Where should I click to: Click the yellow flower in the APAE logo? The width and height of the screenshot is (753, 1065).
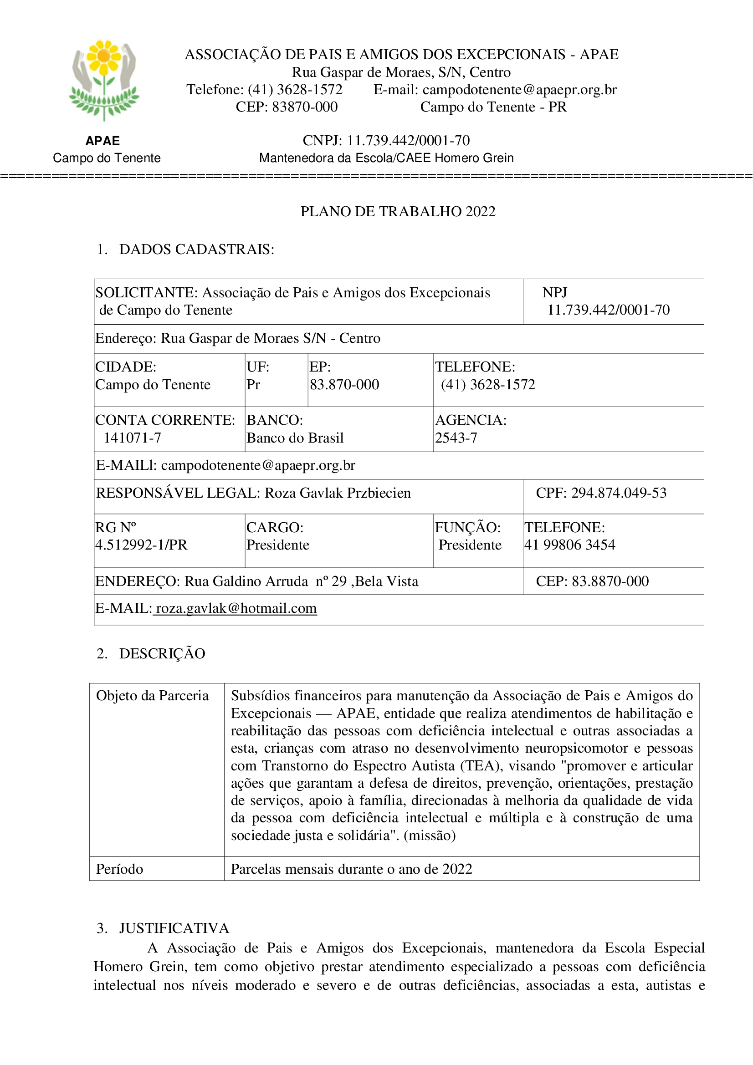pyautogui.click(x=104, y=56)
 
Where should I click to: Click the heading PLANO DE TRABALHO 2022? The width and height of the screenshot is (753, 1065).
pyautogui.click(x=398, y=212)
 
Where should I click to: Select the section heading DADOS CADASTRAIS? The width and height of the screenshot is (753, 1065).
pyautogui.click(x=196, y=250)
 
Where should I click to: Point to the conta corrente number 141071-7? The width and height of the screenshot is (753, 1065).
pyautogui.click(x=132, y=438)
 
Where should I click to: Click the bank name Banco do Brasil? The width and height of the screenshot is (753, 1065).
pyautogui.click(x=295, y=438)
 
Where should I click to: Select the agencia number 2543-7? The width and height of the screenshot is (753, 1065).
pyautogui.click(x=456, y=438)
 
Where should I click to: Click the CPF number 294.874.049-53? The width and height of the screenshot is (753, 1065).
pyautogui.click(x=619, y=493)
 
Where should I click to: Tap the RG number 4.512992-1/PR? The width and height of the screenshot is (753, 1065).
pyautogui.click(x=142, y=545)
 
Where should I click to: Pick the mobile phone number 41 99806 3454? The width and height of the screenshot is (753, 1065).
pyautogui.click(x=570, y=545)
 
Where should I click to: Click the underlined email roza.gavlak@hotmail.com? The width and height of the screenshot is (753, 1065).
pyautogui.click(x=236, y=609)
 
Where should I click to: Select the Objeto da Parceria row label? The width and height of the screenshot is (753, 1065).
pyautogui.click(x=152, y=696)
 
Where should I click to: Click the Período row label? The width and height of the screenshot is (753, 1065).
pyautogui.click(x=120, y=869)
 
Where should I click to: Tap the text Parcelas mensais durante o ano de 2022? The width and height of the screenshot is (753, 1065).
pyautogui.click(x=351, y=869)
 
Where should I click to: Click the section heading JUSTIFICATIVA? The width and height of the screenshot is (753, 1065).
pyautogui.click(x=174, y=928)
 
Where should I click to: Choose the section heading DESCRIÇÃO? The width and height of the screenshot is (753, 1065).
pyautogui.click(x=162, y=653)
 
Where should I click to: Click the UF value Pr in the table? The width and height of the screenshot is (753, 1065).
pyautogui.click(x=253, y=385)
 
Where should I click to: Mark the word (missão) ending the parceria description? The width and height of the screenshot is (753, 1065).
pyautogui.click(x=430, y=836)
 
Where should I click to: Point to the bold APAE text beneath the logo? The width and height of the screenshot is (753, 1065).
pyautogui.click(x=102, y=141)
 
